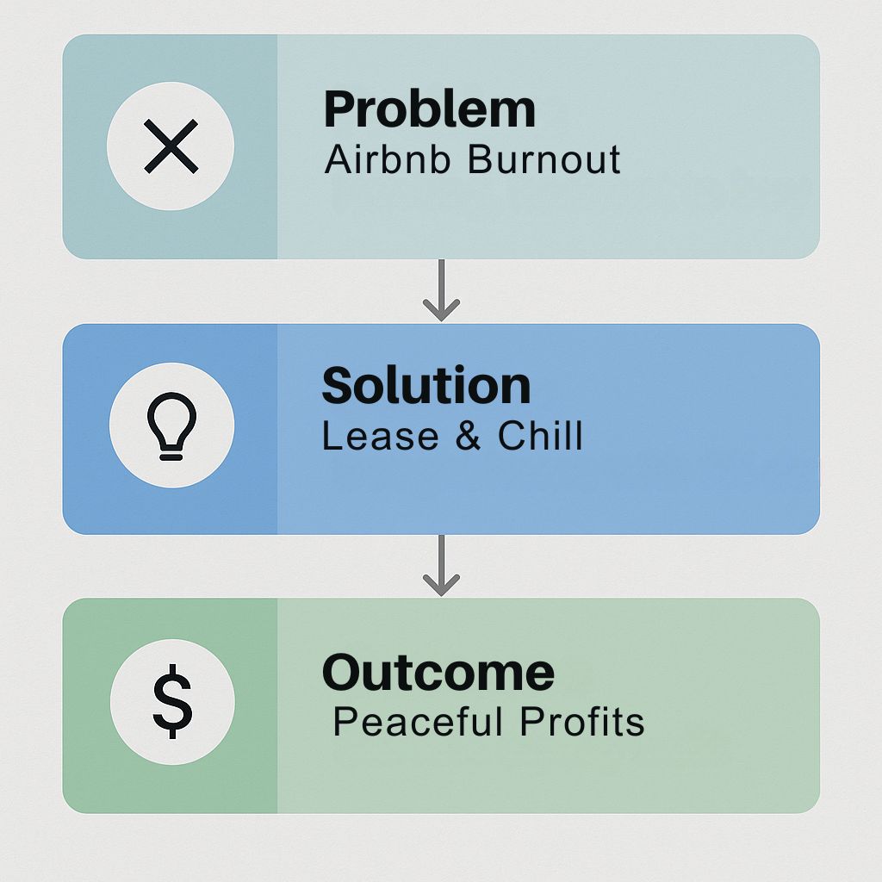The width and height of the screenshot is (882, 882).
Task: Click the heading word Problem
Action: pos(429,109)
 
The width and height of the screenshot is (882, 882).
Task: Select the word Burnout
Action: pos(544,158)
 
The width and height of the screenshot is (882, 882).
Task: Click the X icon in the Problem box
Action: pos(171,146)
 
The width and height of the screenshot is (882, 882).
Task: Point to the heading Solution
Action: pos(425,385)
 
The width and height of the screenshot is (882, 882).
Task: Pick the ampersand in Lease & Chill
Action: pos(468,436)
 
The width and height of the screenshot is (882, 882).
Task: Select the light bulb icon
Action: pos(171,425)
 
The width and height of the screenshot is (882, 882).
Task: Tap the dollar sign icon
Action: pos(172,701)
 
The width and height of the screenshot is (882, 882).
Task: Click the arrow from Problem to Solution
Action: pos(442,290)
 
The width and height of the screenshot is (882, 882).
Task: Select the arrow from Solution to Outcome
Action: pos(442,565)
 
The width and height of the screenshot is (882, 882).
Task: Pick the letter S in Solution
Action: pos(338,385)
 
